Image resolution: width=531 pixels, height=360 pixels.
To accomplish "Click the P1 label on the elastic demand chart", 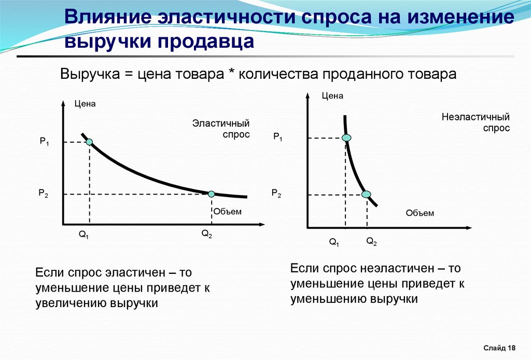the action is (x=45, y=141).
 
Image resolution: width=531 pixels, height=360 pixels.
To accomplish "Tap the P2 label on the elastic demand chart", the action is (x=44, y=193).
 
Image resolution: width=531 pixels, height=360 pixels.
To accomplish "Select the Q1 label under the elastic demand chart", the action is (x=83, y=234).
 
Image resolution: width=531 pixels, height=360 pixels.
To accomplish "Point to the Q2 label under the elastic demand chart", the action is (x=206, y=233).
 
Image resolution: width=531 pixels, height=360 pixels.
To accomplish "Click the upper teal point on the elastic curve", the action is (x=89, y=142).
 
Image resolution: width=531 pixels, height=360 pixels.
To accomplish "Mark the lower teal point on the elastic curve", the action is (x=212, y=194).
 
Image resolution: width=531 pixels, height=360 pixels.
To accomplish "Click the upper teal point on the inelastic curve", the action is (x=346, y=137).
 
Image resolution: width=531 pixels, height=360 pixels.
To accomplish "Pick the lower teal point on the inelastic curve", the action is (x=366, y=195).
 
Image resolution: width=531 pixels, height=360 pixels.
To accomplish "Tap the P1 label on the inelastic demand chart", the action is (x=278, y=137).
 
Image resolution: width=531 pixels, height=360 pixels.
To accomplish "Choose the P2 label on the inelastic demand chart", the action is (x=276, y=193).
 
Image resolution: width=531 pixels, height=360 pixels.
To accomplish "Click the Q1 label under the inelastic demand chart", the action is (x=334, y=242).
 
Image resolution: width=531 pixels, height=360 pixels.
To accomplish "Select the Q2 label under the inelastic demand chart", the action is (x=371, y=241).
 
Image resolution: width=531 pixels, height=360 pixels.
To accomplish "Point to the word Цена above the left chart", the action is (x=85, y=104).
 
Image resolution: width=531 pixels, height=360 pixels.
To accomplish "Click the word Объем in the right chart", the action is (x=420, y=213).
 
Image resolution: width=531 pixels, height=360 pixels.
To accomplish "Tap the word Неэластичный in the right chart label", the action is (x=476, y=117).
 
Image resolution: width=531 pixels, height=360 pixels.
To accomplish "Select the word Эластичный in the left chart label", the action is (x=221, y=123).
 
